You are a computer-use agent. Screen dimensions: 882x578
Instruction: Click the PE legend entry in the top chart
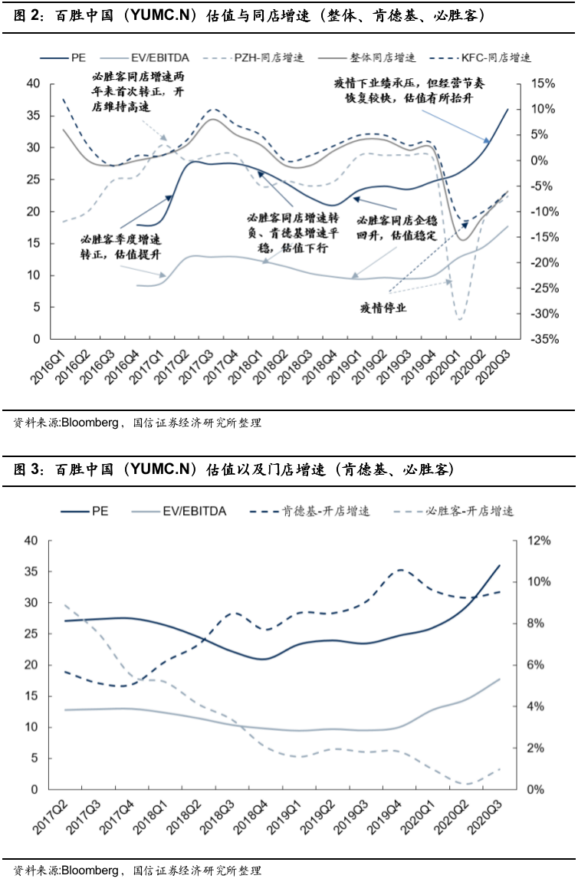click(x=77, y=58)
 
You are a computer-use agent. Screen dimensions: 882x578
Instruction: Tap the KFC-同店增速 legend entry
click(x=495, y=58)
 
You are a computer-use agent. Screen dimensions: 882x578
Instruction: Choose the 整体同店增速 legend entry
click(x=383, y=58)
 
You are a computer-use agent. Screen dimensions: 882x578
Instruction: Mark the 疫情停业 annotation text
click(x=383, y=308)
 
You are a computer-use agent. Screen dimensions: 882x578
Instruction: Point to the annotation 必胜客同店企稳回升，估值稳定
click(x=394, y=227)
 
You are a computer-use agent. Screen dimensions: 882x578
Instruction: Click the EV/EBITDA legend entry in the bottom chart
click(x=195, y=511)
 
